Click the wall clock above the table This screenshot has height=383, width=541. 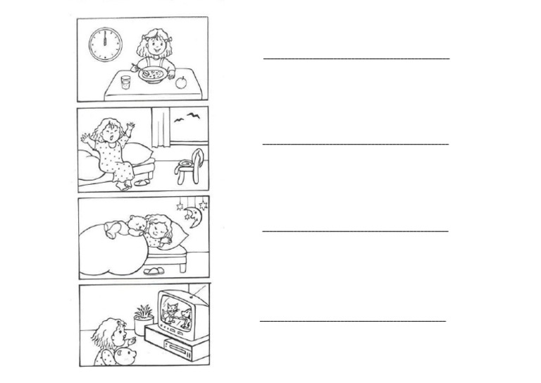point(105,44)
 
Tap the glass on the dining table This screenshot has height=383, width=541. point(125,83)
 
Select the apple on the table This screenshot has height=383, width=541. point(180,82)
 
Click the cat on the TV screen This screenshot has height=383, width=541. point(170,311)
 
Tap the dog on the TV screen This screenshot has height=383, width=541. point(185,313)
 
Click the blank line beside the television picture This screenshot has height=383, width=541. point(352,321)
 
